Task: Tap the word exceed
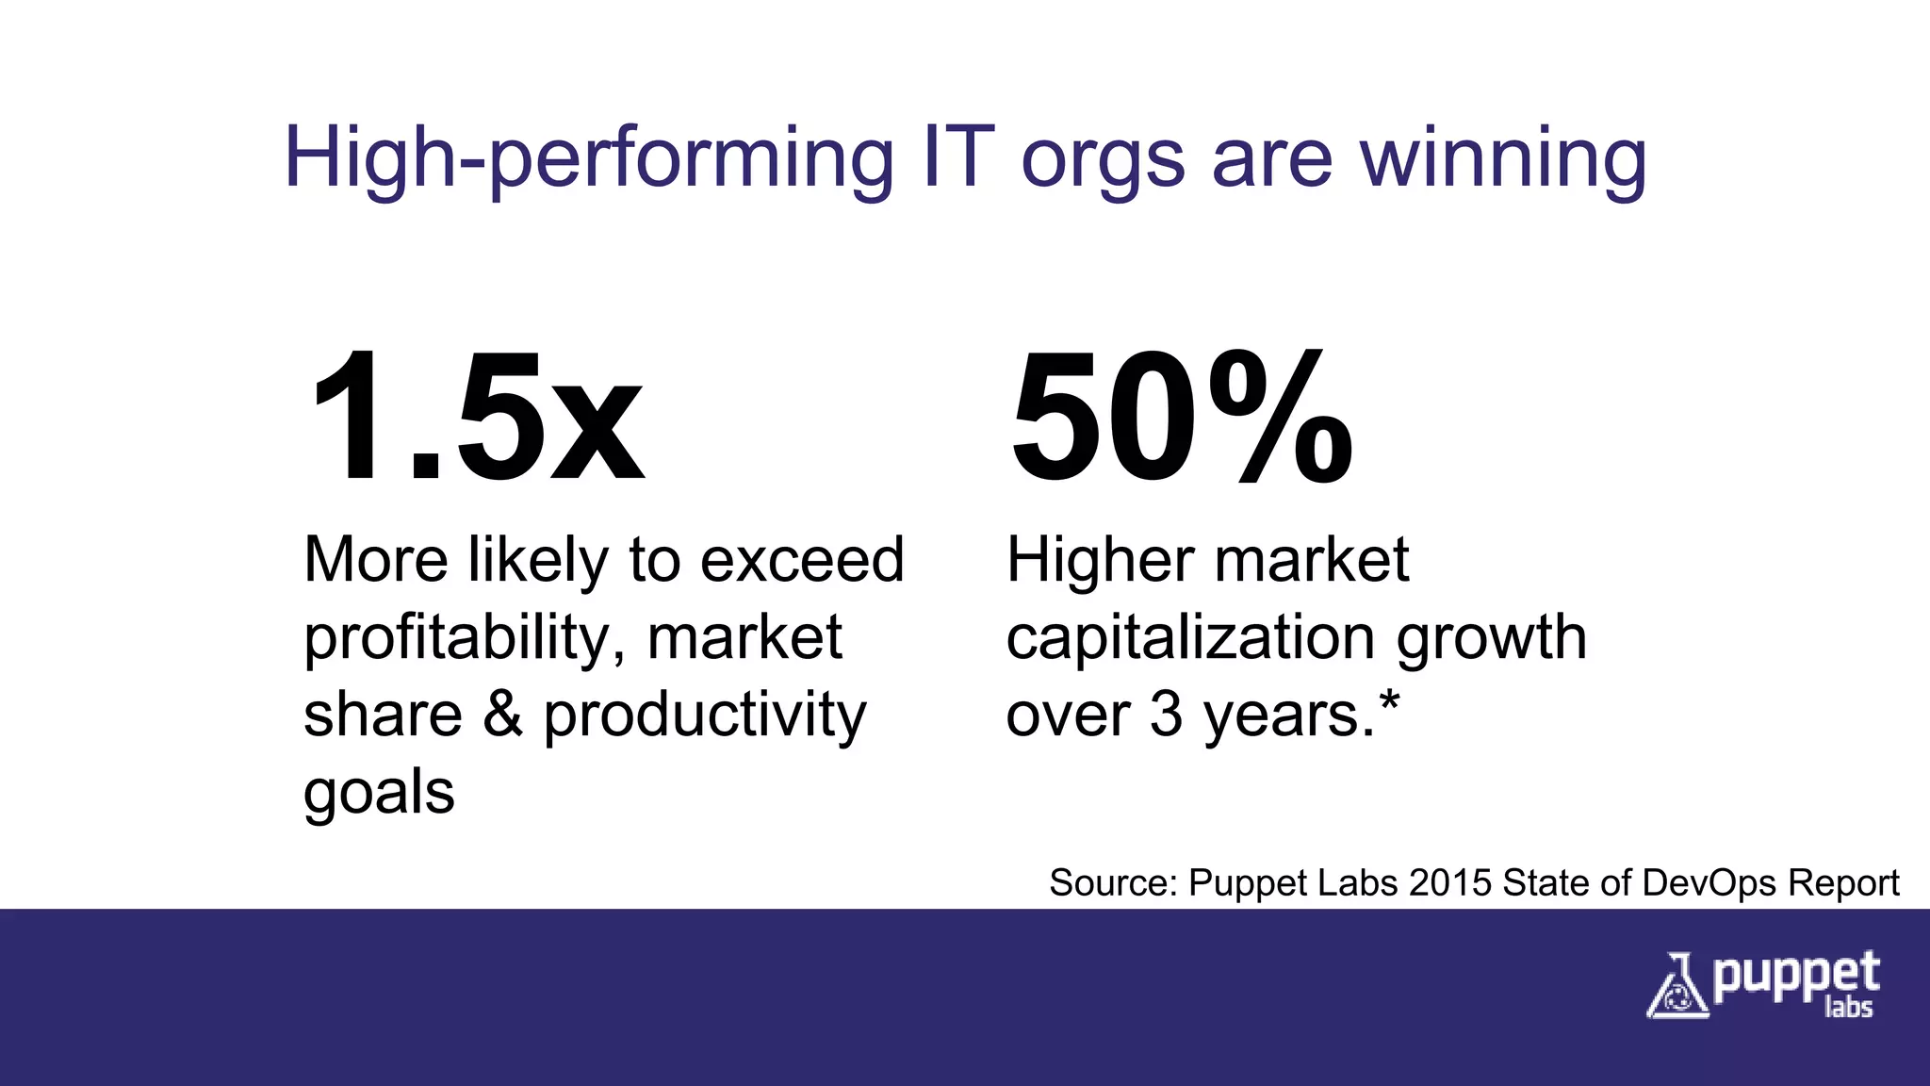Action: tap(802, 560)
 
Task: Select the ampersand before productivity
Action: tap(502, 715)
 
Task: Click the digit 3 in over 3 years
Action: tap(1166, 715)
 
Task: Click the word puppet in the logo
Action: tap(1795, 977)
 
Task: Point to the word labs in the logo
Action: tap(1848, 1008)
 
